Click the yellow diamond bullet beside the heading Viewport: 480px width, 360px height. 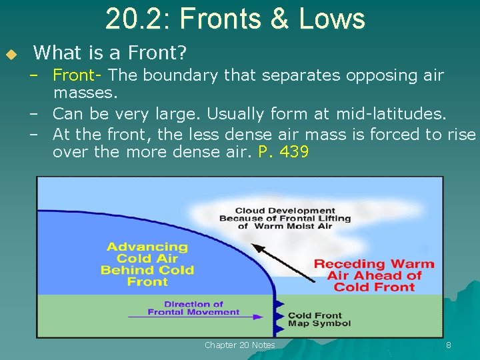tap(11, 53)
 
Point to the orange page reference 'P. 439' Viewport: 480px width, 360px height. tap(283, 152)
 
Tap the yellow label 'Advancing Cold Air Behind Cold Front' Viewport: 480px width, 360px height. tap(147, 264)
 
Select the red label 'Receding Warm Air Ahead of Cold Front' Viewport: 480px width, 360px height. tap(374, 275)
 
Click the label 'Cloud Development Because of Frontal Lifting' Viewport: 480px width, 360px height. tap(285, 219)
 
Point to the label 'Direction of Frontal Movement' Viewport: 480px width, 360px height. tap(193, 308)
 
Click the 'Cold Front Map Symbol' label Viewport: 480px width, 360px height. tap(319, 319)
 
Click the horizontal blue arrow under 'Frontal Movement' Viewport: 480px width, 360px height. tap(200, 317)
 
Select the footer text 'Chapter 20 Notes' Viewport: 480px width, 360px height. tap(240, 345)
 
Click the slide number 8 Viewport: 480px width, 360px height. tap(449, 345)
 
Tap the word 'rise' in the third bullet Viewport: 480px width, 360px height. tap(461, 134)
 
